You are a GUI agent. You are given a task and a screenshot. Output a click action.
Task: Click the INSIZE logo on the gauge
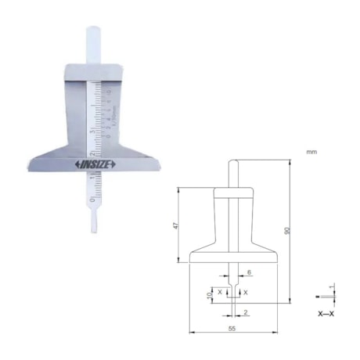pyautogui.click(x=94, y=164)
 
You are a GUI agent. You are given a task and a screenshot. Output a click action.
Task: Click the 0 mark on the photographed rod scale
pyautogui.click(x=93, y=199)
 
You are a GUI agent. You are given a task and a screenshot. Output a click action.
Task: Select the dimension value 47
pyautogui.click(x=177, y=226)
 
